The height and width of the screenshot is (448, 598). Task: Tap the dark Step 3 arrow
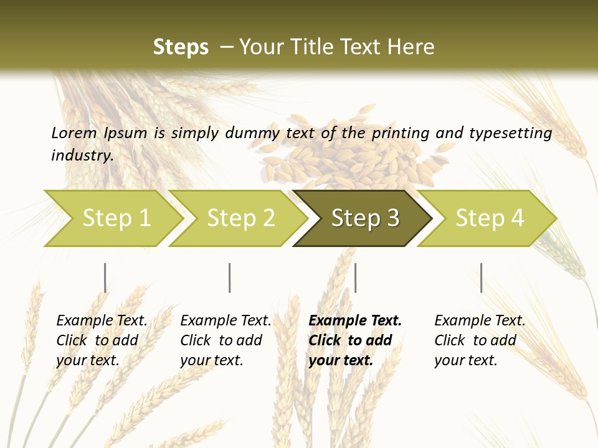[x=365, y=218]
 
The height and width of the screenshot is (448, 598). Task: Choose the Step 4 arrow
[x=490, y=218]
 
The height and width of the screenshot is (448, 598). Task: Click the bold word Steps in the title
[x=181, y=47]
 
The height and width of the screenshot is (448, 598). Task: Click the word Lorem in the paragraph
[x=74, y=133]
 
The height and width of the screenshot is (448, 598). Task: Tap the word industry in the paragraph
[x=82, y=155]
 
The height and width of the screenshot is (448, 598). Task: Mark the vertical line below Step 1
[x=105, y=278]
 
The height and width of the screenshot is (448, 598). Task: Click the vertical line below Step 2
[x=230, y=278]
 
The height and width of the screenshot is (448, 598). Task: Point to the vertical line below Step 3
[x=355, y=278]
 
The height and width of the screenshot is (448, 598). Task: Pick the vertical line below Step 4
[x=481, y=278]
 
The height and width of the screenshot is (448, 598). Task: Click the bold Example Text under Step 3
[x=355, y=321]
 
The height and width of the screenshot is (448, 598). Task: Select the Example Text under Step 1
[x=102, y=321]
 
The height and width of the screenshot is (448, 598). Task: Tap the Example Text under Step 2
[x=225, y=321]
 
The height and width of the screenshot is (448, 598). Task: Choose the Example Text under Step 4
[x=480, y=321]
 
